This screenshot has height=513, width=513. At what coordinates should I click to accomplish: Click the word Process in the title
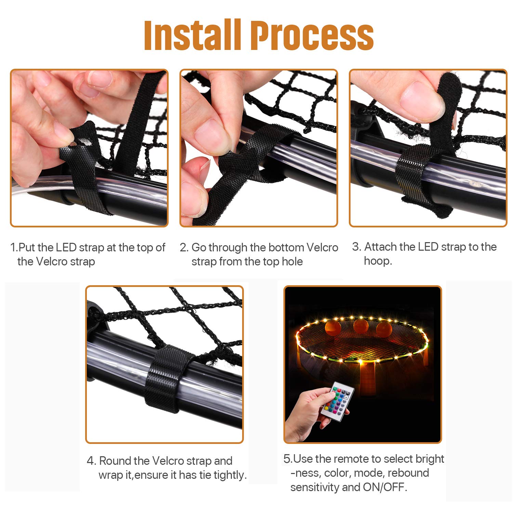click(x=312, y=36)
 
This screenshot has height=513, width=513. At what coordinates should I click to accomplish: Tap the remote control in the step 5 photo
click(x=337, y=401)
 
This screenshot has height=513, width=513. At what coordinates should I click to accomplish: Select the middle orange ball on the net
click(x=360, y=326)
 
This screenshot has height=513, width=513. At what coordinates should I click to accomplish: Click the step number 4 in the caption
click(x=91, y=461)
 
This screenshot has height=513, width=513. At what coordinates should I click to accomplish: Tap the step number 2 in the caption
click(x=184, y=247)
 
